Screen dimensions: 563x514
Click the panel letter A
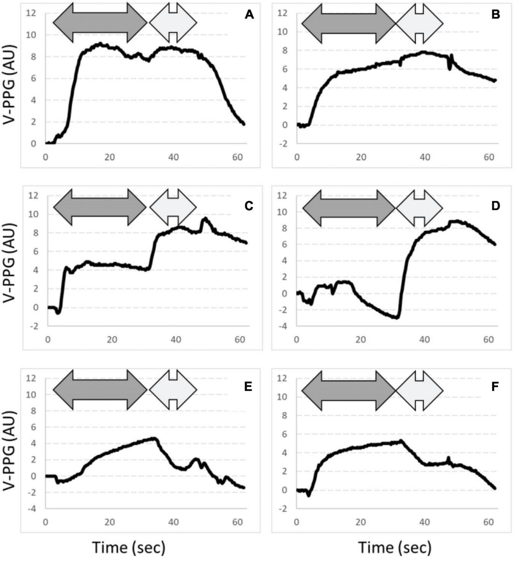[x=249, y=15]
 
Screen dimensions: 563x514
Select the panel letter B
[x=495, y=15]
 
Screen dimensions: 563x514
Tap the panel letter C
[x=249, y=206]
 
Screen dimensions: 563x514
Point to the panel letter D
[x=495, y=206]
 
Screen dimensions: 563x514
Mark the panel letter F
[x=495, y=387]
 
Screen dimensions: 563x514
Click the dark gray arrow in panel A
[x=100, y=23]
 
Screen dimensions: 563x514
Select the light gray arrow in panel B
[x=419, y=24]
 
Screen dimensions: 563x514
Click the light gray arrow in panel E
[x=173, y=390]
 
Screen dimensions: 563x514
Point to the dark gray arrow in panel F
[x=349, y=391]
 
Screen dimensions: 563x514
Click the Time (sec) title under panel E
[x=129, y=547]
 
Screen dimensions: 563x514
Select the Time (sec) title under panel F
[x=395, y=547]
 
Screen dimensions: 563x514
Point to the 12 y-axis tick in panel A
[x=31, y=13]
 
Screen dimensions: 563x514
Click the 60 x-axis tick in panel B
[x=489, y=157]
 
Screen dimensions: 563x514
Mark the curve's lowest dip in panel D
[x=397, y=317]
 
